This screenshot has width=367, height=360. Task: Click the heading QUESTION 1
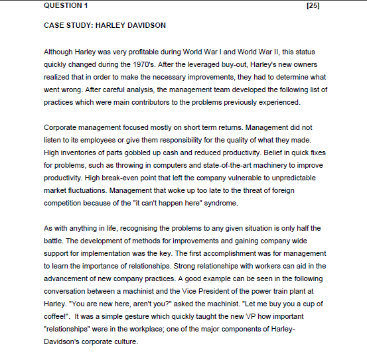pyautogui.click(x=65, y=6)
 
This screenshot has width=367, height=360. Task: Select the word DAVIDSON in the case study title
pyautogui.click(x=144, y=26)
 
